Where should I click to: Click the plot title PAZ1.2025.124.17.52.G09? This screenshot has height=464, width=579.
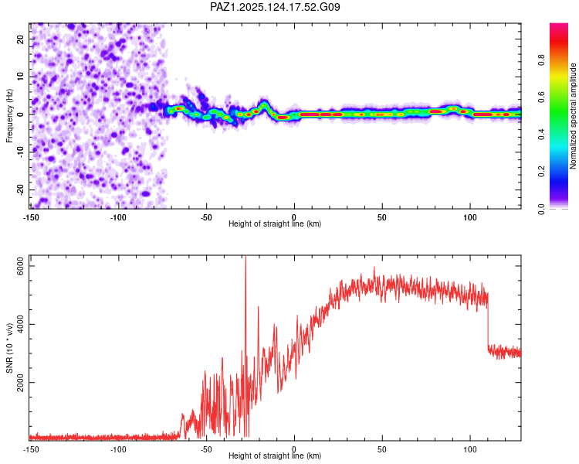coord(275,7)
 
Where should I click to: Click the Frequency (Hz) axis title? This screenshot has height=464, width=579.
coord(10,114)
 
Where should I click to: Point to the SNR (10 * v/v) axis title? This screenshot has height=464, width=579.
coord(10,347)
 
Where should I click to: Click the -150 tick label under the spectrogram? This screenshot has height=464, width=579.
coord(31,217)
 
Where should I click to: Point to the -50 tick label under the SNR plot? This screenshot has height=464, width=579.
coord(206,449)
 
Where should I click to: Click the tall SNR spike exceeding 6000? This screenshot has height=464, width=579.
coord(245,260)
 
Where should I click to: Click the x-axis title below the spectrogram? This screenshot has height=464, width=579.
coord(275,224)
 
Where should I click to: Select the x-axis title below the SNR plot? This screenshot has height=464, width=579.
coord(275,456)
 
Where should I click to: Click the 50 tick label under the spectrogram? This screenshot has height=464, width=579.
coord(382,217)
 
